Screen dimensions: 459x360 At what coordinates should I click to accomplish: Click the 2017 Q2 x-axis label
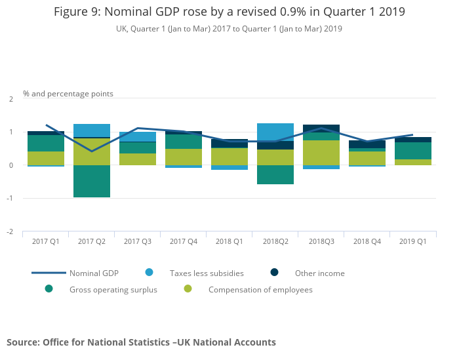tap(92, 241)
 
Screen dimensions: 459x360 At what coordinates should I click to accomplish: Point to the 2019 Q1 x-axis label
tap(412, 241)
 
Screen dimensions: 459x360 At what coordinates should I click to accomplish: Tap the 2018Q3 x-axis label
tap(321, 241)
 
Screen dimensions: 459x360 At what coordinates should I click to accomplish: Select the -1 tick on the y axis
tap(10, 198)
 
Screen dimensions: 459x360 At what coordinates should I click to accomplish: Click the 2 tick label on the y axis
tap(11, 99)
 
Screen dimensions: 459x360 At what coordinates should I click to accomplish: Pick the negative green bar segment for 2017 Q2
tap(92, 181)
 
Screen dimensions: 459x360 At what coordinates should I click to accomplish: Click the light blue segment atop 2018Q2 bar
tap(275, 132)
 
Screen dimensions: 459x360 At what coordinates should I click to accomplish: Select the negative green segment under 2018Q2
tap(275, 174)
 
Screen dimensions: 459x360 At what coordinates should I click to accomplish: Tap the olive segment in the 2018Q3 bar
tap(321, 153)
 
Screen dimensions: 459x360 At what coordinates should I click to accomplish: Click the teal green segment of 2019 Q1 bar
tap(412, 151)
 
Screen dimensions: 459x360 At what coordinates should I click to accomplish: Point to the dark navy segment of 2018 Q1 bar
tap(229, 144)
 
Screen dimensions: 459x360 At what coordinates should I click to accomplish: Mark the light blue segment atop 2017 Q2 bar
tap(92, 130)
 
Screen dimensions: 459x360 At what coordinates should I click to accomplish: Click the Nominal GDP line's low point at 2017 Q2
tap(92, 151)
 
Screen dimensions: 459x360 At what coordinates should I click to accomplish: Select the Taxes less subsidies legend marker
tap(149, 272)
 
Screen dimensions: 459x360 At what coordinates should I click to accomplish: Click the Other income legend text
tap(320, 273)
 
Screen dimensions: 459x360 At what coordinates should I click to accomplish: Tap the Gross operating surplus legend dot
tap(49, 289)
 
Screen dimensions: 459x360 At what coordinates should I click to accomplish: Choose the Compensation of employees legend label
tap(260, 290)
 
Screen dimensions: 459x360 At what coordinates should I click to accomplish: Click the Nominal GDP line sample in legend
tap(49, 273)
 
